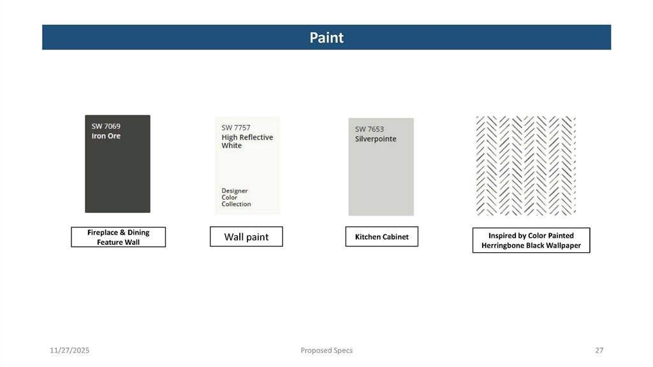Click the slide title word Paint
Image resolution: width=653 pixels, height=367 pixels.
[326, 38]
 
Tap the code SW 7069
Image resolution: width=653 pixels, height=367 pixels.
[106, 126]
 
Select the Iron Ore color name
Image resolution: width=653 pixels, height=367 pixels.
[106, 136]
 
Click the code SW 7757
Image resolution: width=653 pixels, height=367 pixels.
[236, 127]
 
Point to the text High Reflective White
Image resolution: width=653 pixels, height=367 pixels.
[247, 141]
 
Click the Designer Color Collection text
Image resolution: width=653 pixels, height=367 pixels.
[236, 198]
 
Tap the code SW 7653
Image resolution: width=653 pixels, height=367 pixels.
[369, 129]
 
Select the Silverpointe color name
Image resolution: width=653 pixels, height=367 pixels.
[376, 138]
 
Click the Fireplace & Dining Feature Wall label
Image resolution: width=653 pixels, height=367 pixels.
[118, 237]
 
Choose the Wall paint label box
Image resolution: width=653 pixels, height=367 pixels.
[246, 236]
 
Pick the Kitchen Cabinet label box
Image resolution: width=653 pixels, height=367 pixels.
[381, 236]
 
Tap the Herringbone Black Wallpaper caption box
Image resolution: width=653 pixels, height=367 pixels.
[531, 240]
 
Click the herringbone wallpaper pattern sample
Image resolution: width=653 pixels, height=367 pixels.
[525, 166]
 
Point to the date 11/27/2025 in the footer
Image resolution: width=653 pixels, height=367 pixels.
[70, 350]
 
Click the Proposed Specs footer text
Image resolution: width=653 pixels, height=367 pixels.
[326, 350]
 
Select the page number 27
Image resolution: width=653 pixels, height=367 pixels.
[599, 350]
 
